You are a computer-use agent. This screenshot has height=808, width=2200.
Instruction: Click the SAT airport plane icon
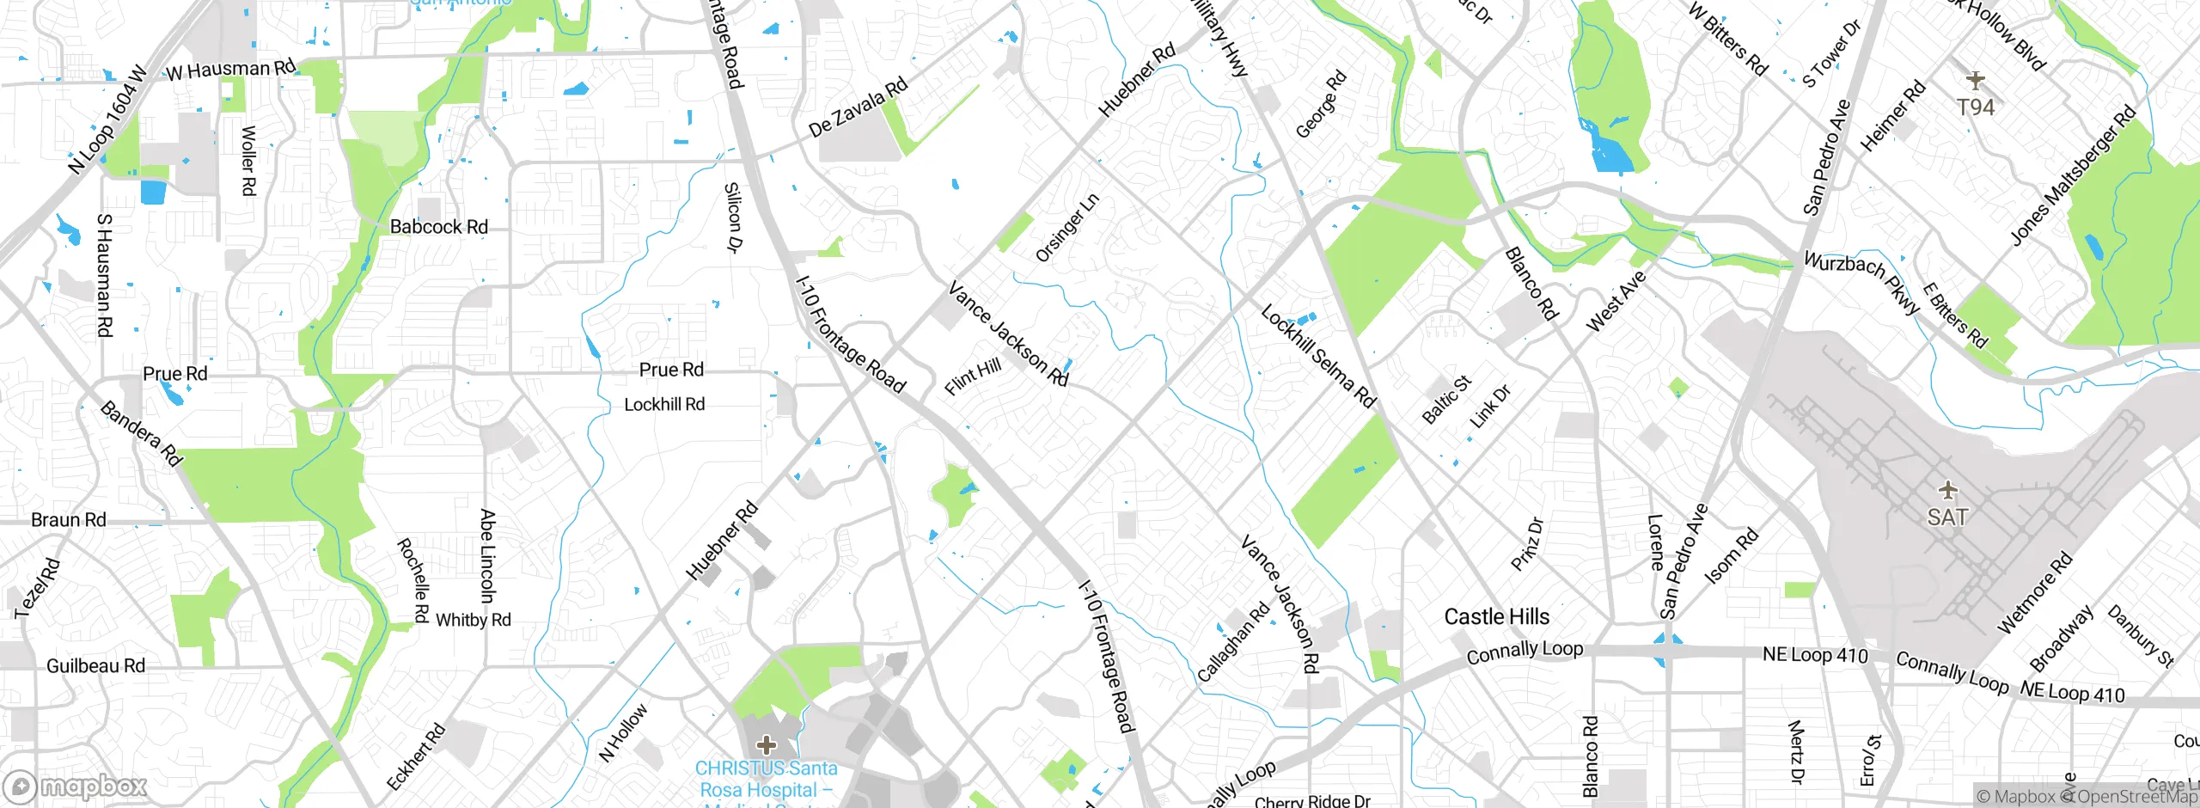[1947, 491]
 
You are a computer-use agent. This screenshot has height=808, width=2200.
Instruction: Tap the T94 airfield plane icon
[1975, 81]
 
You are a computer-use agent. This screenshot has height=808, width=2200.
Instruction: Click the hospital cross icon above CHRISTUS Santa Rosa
[766, 744]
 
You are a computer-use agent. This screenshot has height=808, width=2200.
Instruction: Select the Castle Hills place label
[1496, 616]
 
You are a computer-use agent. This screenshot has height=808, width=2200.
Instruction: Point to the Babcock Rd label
[438, 227]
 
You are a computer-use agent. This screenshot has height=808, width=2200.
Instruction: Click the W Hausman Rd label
[230, 70]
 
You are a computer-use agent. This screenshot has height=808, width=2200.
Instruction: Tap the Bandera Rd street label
[142, 433]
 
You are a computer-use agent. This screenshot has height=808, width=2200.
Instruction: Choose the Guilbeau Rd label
[95, 666]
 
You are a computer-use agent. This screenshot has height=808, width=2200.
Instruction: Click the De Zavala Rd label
[858, 107]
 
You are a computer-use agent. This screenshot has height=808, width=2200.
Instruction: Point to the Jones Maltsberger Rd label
[2072, 175]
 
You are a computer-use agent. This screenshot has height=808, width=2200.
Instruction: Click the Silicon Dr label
[733, 217]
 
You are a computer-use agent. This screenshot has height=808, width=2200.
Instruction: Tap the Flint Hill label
[973, 376]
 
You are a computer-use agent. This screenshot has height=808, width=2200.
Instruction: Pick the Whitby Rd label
[473, 620]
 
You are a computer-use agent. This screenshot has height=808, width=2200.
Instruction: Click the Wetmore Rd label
[2034, 594]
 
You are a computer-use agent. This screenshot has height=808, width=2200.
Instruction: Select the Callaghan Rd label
[1233, 642]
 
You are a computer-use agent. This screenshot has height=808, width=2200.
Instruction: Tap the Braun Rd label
[68, 520]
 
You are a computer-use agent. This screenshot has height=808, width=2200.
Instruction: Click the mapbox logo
[76, 786]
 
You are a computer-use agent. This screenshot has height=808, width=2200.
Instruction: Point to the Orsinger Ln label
[1066, 228]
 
